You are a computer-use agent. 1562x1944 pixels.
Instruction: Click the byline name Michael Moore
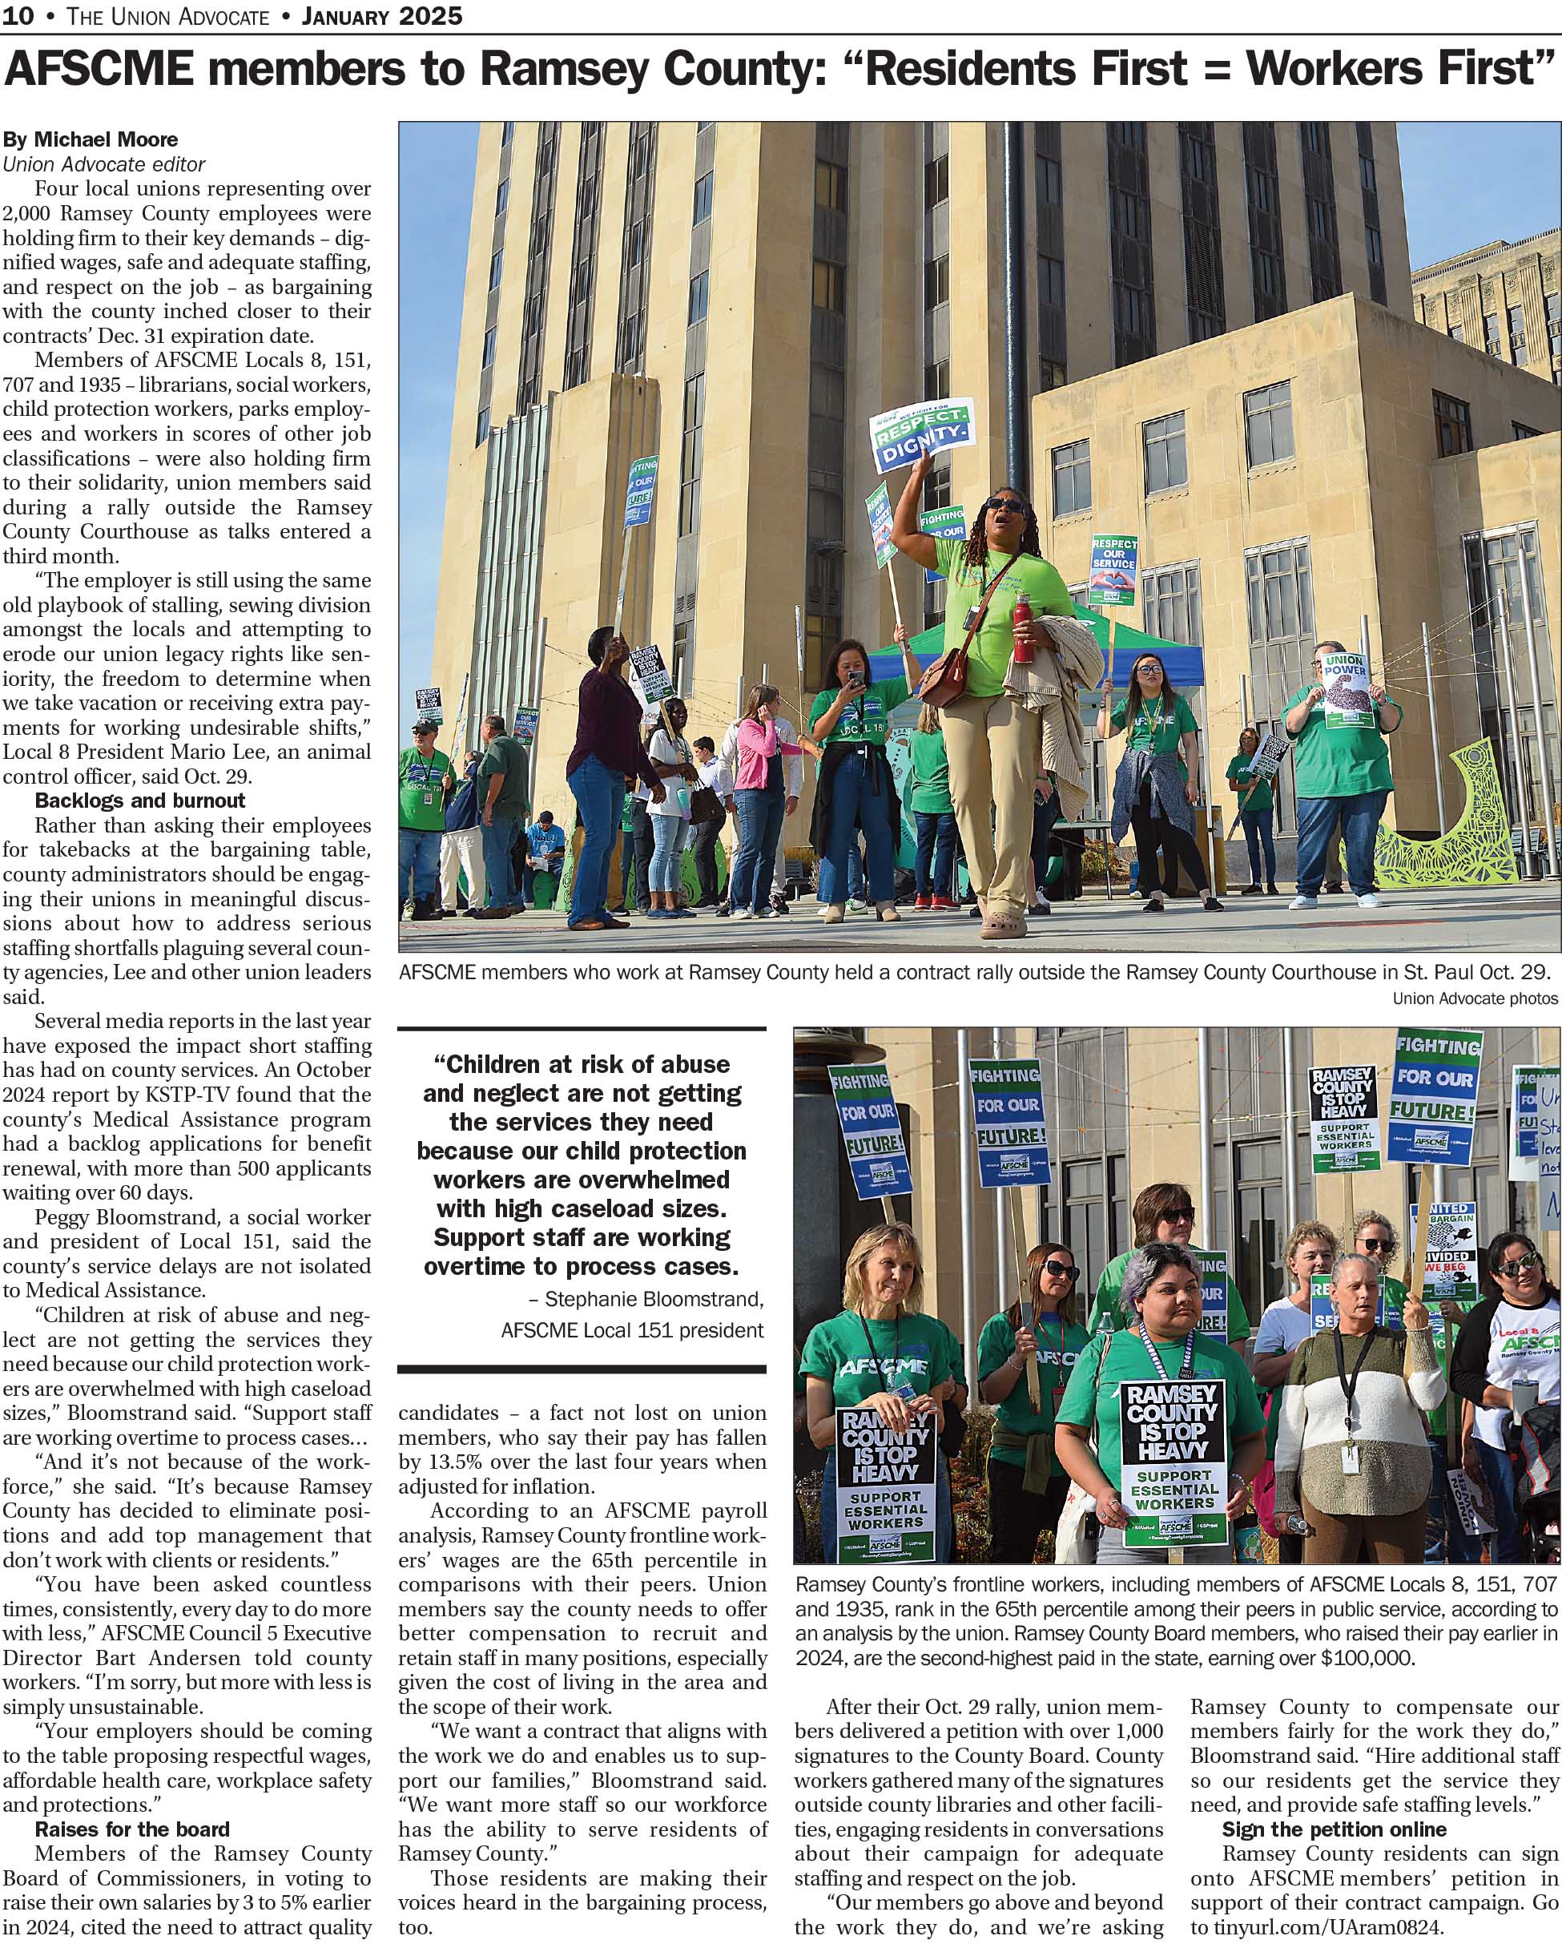pyautogui.click(x=106, y=139)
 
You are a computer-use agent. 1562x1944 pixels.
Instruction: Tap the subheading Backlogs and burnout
pyautogui.click(x=139, y=801)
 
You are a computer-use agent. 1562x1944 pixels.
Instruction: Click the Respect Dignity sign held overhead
pyautogui.click(x=921, y=434)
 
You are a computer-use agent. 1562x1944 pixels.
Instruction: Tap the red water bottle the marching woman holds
pyautogui.click(x=1021, y=631)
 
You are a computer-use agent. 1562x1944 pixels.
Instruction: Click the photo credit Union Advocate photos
pyautogui.click(x=1475, y=998)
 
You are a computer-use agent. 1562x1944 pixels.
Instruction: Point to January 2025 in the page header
pyautogui.click(x=382, y=16)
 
